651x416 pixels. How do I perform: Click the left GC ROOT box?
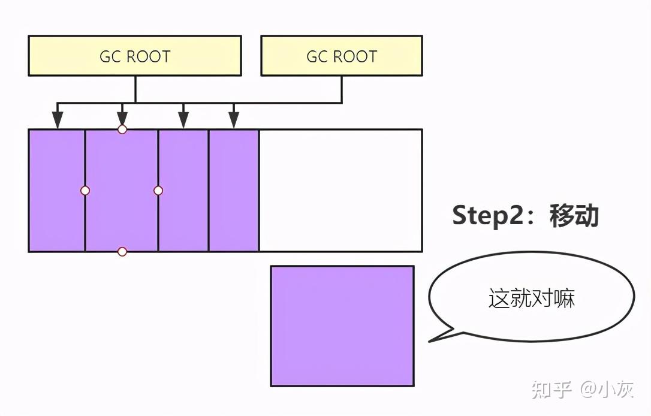(134, 56)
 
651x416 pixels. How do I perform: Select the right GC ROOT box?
(341, 56)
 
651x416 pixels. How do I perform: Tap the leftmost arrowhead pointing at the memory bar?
(58, 120)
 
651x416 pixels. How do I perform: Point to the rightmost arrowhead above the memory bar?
(234, 120)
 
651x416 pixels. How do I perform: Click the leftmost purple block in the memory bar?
(57, 191)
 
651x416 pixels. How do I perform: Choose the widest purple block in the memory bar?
(122, 191)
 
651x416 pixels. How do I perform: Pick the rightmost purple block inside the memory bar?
(234, 191)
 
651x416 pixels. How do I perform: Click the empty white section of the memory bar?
(340, 191)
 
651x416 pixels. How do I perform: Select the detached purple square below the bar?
(342, 326)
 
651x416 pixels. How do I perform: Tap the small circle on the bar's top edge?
(122, 129)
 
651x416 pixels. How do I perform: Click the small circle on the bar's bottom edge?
(122, 252)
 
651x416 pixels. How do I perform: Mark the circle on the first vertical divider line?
(85, 191)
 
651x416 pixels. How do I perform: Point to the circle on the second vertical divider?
(158, 191)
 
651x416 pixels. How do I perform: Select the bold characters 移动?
(574, 215)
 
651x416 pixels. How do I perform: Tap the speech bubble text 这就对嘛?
(532, 298)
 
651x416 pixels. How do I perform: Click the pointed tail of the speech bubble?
(429, 341)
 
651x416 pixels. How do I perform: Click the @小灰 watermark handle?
(607, 390)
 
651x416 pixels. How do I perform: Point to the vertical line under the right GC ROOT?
(342, 89)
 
